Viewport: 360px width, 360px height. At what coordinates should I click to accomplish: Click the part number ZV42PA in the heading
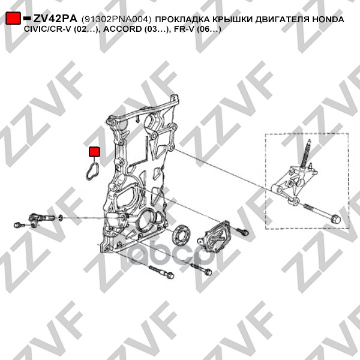(55, 19)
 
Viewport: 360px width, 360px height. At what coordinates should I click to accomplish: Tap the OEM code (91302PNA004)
(116, 20)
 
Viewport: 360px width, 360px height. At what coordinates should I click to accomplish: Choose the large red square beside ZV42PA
(13, 18)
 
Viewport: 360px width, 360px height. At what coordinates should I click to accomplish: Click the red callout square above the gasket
(94, 152)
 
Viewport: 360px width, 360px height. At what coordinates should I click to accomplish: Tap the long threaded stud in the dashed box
(305, 154)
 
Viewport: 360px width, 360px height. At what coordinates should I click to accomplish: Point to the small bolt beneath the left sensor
(19, 225)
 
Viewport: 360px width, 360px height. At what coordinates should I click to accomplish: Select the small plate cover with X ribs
(214, 237)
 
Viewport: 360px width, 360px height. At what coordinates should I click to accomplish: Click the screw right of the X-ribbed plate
(242, 231)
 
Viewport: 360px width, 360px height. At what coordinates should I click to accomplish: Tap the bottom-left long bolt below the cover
(161, 272)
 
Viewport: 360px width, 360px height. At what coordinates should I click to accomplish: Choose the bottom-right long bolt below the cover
(201, 269)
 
